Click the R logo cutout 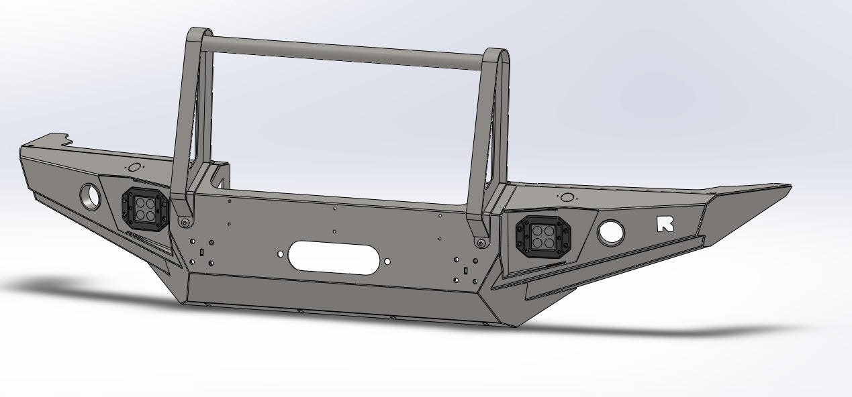point(665,224)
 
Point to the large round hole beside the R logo point(611,232)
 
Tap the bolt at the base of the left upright point(183,222)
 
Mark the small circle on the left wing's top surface point(134,167)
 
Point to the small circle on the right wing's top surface point(567,197)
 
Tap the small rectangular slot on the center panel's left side point(201,252)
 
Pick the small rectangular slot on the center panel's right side point(465,270)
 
